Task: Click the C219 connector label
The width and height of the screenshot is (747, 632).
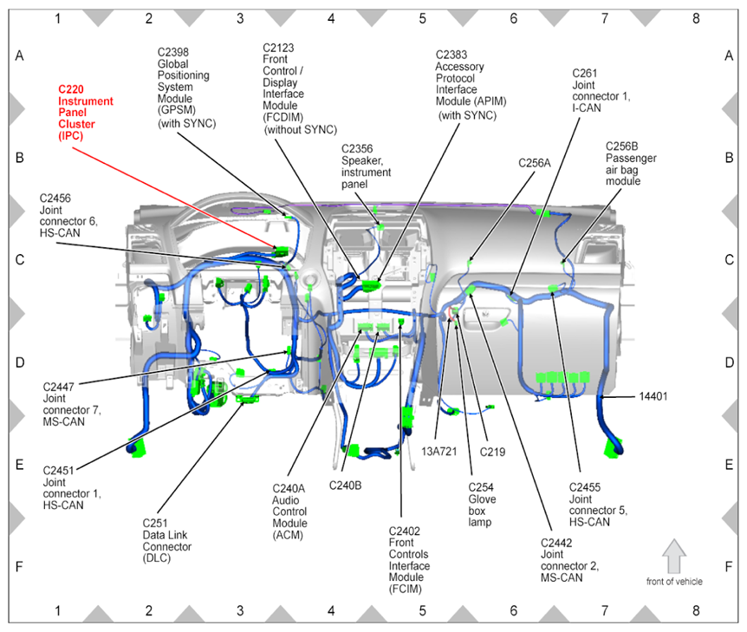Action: [x=492, y=451]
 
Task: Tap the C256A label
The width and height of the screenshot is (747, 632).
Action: [x=534, y=162]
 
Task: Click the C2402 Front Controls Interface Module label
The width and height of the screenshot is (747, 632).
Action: [x=409, y=560]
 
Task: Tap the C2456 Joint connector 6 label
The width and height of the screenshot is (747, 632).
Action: [x=68, y=215]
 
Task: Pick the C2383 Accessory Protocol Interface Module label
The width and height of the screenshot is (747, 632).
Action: [x=470, y=83]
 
